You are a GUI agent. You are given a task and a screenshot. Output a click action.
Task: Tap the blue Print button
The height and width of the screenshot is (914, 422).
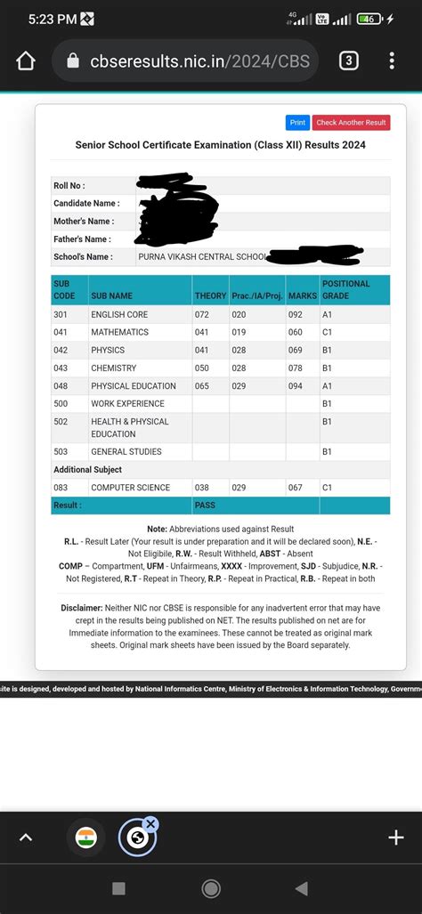[297, 123]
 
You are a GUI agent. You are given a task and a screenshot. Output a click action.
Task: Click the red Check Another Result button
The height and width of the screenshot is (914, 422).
[351, 123]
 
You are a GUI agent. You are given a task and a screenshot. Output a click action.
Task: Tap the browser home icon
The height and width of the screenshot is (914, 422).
[26, 61]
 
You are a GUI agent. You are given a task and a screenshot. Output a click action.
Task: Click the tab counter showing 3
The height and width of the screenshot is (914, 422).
[349, 61]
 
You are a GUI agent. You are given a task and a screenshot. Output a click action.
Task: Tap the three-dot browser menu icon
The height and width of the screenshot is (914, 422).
[392, 61]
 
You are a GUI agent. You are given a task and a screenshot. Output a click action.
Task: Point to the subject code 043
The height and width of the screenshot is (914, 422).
[61, 368]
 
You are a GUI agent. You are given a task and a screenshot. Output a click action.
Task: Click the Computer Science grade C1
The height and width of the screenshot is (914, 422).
[327, 488]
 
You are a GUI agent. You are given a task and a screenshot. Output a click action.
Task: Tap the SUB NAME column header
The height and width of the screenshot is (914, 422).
[111, 295]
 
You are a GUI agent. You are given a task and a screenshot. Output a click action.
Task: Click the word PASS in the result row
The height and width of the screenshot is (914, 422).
[205, 505]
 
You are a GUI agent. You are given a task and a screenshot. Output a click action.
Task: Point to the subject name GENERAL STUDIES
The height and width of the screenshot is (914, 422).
[126, 451]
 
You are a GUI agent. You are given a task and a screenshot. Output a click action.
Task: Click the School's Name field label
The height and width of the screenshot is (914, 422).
[83, 257]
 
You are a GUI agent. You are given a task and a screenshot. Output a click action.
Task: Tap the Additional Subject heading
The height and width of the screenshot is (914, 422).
[87, 469]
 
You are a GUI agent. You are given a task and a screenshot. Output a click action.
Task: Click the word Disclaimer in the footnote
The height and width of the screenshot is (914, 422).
[81, 607]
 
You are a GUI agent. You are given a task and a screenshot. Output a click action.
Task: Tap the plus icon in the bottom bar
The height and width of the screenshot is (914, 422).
[396, 837]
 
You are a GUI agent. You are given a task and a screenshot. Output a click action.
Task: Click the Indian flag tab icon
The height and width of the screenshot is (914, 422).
[86, 837]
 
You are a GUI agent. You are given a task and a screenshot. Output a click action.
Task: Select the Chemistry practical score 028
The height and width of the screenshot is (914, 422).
[239, 368]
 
